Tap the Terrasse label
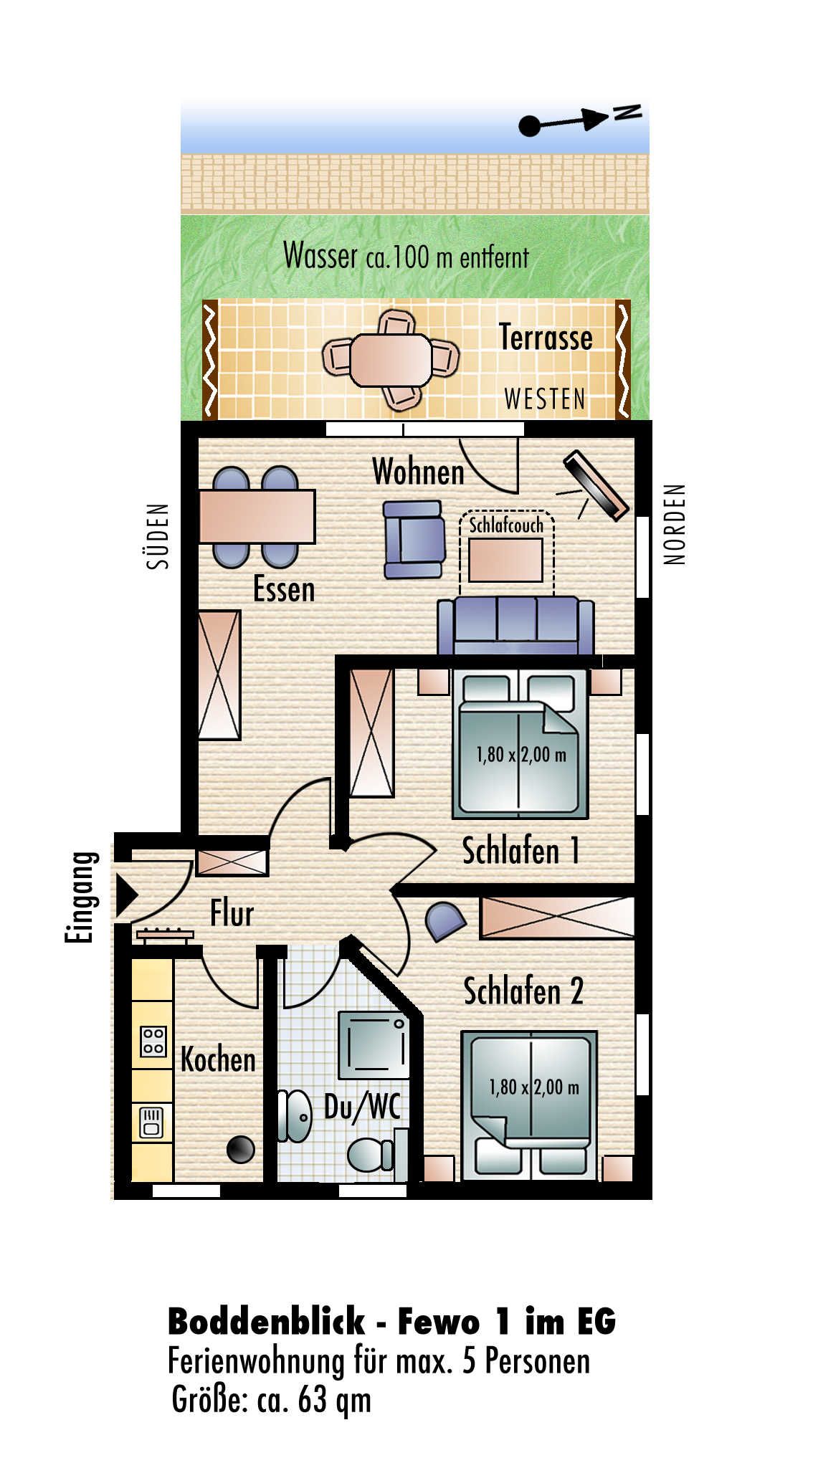[x=546, y=338]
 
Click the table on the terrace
[x=391, y=360]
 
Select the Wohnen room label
[x=418, y=472]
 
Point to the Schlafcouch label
[x=506, y=525]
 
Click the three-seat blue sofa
[x=515, y=625]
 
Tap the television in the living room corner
[x=596, y=485]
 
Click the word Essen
[x=284, y=590]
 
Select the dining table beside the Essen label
[x=257, y=516]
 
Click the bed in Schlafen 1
[x=520, y=745]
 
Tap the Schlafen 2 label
[x=523, y=991]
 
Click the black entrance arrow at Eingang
[x=126, y=895]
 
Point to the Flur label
[x=232, y=914]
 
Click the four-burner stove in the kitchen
[x=153, y=1042]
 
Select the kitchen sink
[x=152, y=1123]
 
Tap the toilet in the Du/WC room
[x=371, y=1155]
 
